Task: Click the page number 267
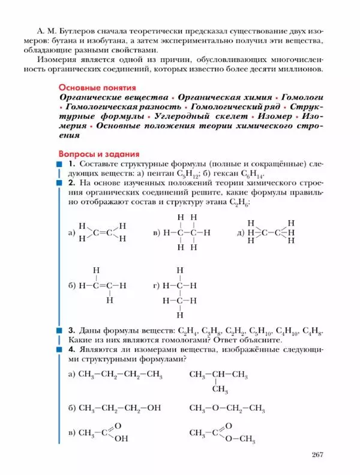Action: [x=317, y=454]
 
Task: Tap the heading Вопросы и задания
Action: [x=98, y=153]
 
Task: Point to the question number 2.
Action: [x=71, y=183]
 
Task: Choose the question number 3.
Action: [x=71, y=330]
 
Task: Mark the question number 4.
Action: [x=71, y=349]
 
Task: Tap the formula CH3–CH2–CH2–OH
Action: [x=120, y=408]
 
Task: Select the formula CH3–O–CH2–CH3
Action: [x=227, y=408]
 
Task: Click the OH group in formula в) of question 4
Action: [x=121, y=438]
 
